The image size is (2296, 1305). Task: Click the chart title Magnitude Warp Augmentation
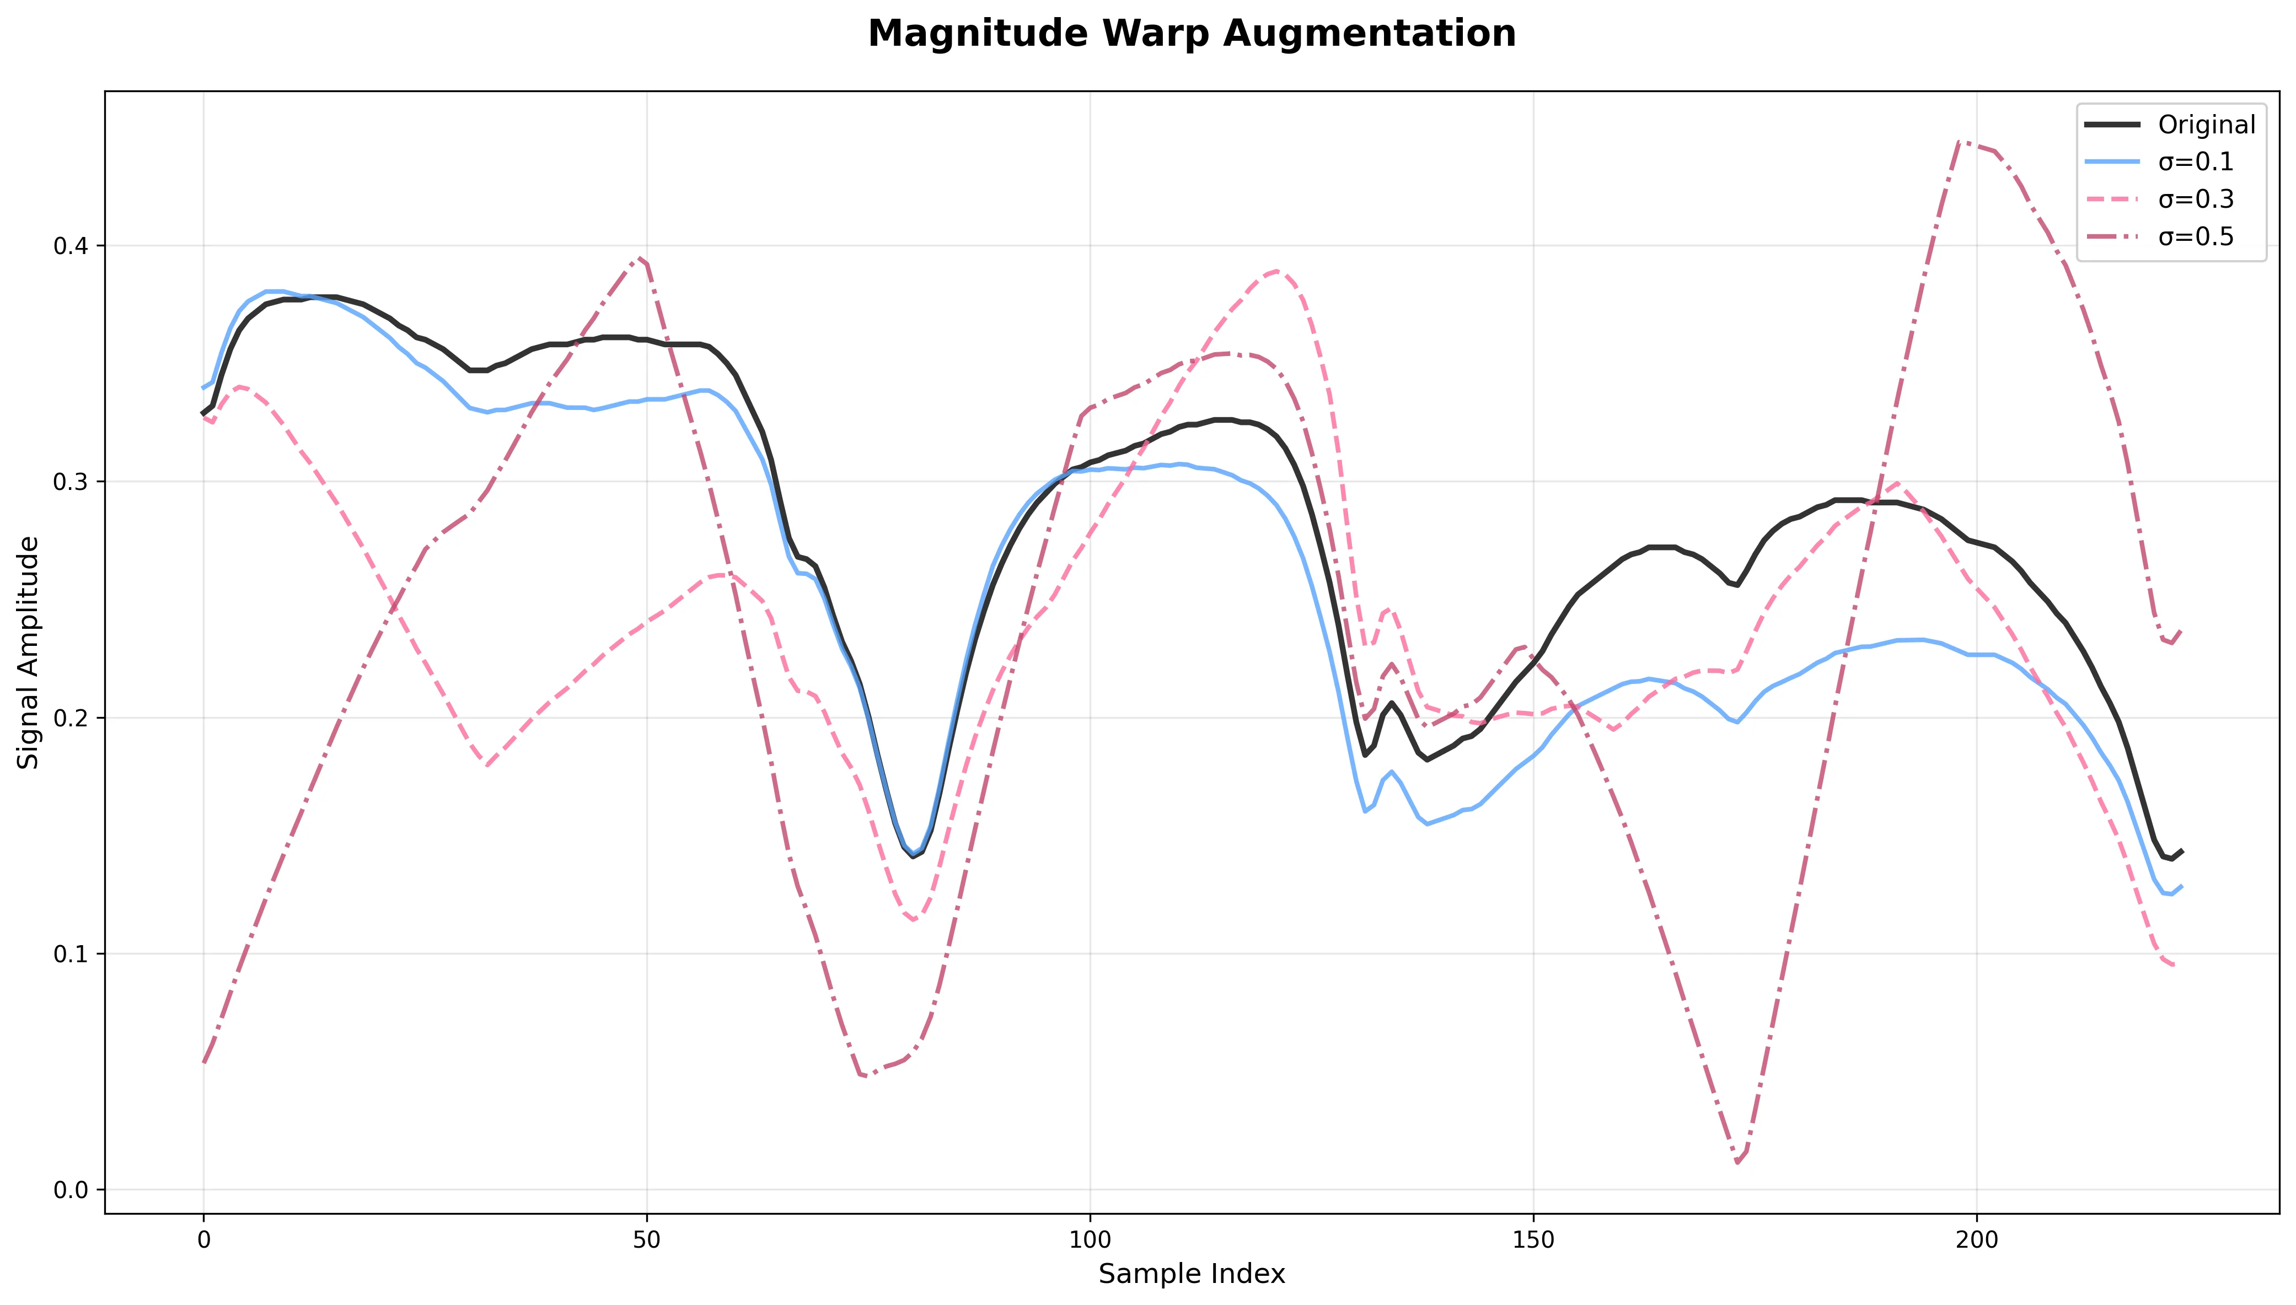(1192, 34)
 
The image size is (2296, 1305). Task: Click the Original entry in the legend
(2206, 125)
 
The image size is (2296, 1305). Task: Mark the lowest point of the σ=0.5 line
(1737, 1162)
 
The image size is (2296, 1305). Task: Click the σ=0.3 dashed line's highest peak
(1276, 271)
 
